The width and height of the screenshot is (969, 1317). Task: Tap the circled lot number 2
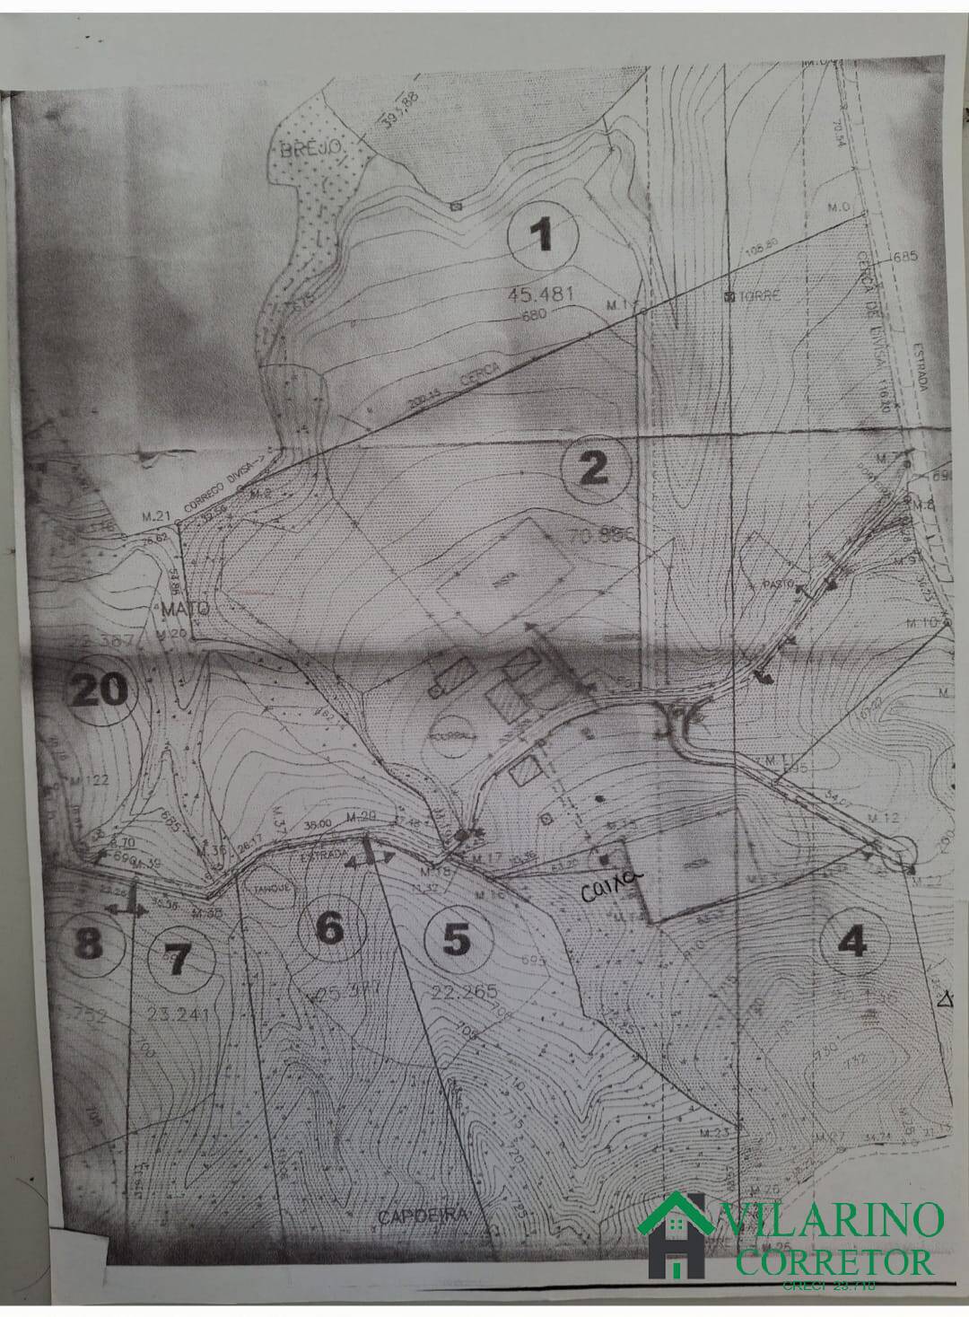(x=592, y=470)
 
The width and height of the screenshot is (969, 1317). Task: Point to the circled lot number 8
(x=88, y=944)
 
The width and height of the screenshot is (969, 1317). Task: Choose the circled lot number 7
(x=176, y=961)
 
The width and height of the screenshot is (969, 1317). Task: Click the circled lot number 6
(x=332, y=929)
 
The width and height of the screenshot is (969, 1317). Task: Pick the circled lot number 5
(x=456, y=941)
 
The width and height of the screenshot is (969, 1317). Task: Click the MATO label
(x=187, y=609)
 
